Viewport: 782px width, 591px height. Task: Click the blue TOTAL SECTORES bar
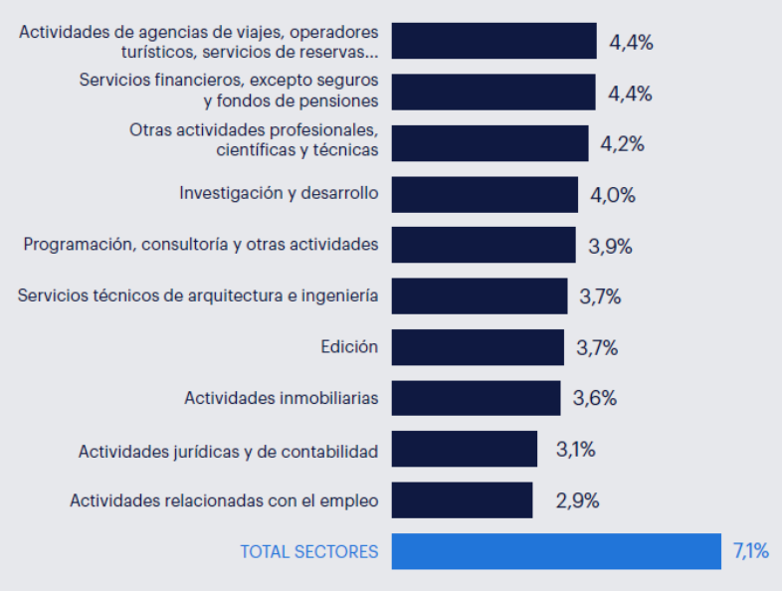pyautogui.click(x=555, y=551)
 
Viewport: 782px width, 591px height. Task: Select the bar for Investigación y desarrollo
pyautogui.click(x=485, y=194)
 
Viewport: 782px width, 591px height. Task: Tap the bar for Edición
pyautogui.click(x=478, y=347)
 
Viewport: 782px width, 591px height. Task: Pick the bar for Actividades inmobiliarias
pyautogui.click(x=476, y=398)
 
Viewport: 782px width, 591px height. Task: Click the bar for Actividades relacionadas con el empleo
pyautogui.click(x=462, y=500)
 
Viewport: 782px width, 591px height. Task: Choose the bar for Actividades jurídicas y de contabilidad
pyautogui.click(x=465, y=450)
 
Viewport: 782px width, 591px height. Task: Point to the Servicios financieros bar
pyautogui.click(x=493, y=92)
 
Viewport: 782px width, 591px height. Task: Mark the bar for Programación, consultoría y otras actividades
pyautogui.click(x=484, y=245)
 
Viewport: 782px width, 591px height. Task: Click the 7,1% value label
pyautogui.click(x=751, y=551)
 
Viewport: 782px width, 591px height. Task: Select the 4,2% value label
pyautogui.click(x=622, y=143)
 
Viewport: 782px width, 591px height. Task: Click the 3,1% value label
pyautogui.click(x=575, y=450)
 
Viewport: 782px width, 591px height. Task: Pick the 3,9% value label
pyautogui.click(x=610, y=246)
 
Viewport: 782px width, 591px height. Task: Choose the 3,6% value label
pyautogui.click(x=595, y=399)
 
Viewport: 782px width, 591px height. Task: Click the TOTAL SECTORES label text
pyautogui.click(x=309, y=551)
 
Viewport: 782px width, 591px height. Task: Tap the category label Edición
pyautogui.click(x=349, y=347)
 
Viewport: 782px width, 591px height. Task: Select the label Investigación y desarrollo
pyautogui.click(x=279, y=193)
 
